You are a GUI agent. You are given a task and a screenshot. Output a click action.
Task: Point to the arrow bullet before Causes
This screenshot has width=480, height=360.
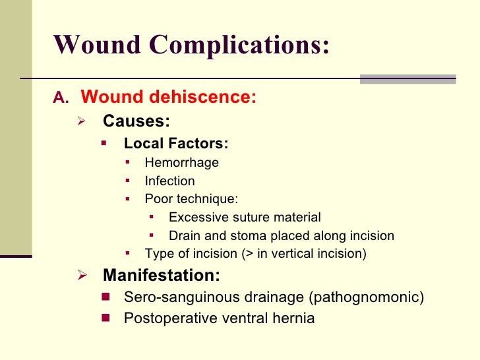coord(83,122)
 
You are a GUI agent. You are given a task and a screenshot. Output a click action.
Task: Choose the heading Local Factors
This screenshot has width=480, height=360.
coord(177,143)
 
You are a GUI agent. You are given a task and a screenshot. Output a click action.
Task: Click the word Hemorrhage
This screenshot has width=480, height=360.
coord(181,162)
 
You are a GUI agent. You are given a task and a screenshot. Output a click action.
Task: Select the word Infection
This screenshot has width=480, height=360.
coord(169,181)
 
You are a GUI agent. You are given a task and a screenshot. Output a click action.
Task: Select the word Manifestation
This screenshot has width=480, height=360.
coord(162,275)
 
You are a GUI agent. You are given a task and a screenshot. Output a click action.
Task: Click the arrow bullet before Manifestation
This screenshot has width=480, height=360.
coord(83,275)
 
